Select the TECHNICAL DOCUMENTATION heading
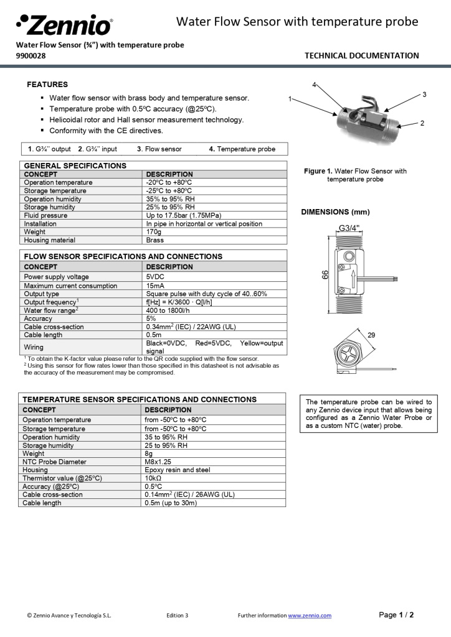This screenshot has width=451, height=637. pyautogui.click(x=361, y=55)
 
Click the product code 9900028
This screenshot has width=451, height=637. pyautogui.click(x=31, y=55)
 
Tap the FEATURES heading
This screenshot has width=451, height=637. pyautogui.click(x=47, y=84)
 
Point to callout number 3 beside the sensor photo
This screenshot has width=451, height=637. pyautogui.click(x=424, y=95)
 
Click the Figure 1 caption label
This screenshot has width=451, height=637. pyautogui.click(x=318, y=171)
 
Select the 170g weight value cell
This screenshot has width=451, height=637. pyautogui.click(x=153, y=231)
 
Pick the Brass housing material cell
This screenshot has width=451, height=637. pyautogui.click(x=155, y=240)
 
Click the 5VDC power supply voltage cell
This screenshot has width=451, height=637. pyautogui.click(x=156, y=277)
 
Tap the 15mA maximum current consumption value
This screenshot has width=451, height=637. pyautogui.click(x=156, y=286)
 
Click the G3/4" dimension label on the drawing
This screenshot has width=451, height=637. pyautogui.click(x=349, y=228)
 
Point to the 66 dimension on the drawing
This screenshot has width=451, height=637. pyautogui.click(x=325, y=274)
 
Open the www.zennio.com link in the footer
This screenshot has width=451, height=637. pyautogui.click(x=310, y=615)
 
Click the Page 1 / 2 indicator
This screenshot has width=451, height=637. pyautogui.click(x=396, y=615)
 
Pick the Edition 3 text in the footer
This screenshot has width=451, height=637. pyautogui.click(x=177, y=615)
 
